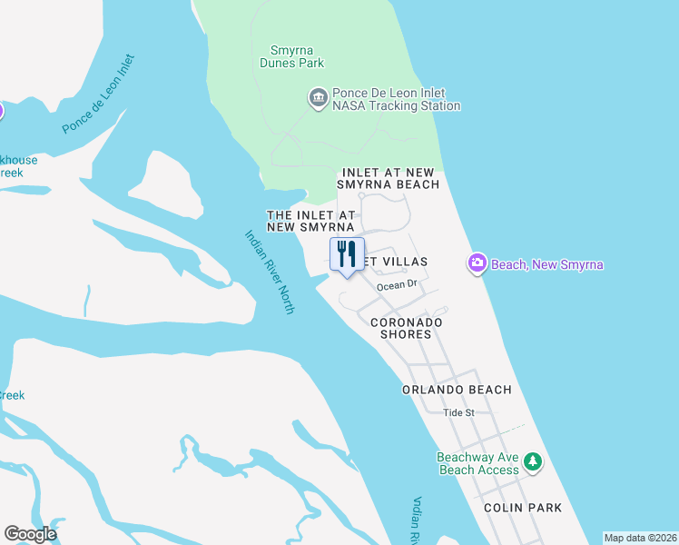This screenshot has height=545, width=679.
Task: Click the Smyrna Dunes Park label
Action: (x=297, y=56)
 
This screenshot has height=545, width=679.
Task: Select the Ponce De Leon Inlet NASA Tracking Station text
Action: (x=396, y=99)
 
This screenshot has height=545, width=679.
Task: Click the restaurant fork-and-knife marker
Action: (x=347, y=254)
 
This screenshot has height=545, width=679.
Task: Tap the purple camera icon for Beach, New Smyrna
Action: (x=477, y=264)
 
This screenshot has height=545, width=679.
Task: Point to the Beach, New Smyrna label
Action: (x=547, y=264)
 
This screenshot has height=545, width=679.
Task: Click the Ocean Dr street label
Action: (x=397, y=284)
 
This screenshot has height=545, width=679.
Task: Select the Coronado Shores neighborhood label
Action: (x=406, y=328)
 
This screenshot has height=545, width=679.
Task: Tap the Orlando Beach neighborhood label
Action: (x=457, y=390)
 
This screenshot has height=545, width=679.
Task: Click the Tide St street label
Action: (x=458, y=412)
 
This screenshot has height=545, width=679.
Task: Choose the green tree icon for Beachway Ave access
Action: (x=534, y=462)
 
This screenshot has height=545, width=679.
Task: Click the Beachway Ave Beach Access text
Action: (x=478, y=463)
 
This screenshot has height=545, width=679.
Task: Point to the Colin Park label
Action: (x=522, y=508)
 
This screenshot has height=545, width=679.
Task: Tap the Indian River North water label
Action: (x=270, y=272)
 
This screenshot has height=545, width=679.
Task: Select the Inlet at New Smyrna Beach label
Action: (x=389, y=178)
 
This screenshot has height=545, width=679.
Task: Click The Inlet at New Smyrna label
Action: (x=310, y=220)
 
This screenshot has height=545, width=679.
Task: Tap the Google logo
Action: (x=30, y=534)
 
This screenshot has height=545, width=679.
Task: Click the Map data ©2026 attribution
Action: (x=639, y=538)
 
